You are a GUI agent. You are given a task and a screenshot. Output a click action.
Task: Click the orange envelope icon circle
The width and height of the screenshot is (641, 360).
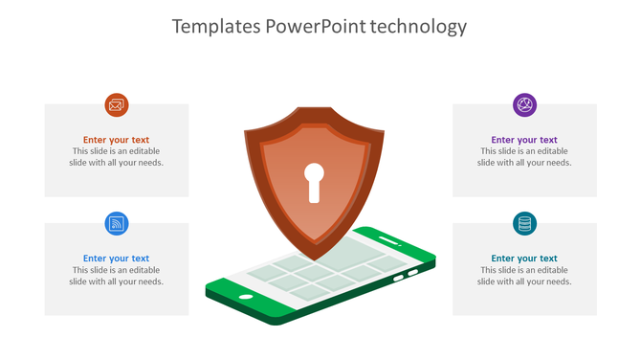click(x=116, y=105)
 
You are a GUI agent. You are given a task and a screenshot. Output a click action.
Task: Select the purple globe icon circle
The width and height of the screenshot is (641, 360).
click(x=524, y=105)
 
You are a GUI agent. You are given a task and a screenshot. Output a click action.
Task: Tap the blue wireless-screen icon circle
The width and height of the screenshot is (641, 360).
click(x=116, y=224)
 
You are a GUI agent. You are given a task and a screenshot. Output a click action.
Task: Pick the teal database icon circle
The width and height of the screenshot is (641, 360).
click(x=524, y=224)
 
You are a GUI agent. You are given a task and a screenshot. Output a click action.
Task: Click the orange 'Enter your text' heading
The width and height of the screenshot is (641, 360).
click(x=116, y=140)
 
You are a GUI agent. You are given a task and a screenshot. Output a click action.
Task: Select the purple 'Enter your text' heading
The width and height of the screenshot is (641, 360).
click(x=524, y=140)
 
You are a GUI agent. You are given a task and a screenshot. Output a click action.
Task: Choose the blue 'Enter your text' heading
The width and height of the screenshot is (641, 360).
click(x=116, y=259)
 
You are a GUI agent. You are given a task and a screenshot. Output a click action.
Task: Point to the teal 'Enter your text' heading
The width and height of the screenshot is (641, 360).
click(x=524, y=259)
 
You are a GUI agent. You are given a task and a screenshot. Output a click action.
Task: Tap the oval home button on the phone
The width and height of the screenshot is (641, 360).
click(x=246, y=296)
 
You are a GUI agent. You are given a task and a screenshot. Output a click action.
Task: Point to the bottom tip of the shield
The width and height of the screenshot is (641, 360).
click(x=314, y=260)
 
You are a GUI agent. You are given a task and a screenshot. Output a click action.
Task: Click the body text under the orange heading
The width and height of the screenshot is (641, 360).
click(x=116, y=157)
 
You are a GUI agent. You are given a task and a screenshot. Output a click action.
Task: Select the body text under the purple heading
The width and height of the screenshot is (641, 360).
click(x=524, y=157)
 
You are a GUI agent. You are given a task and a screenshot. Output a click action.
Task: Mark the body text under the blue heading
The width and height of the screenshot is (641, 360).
click(x=116, y=276)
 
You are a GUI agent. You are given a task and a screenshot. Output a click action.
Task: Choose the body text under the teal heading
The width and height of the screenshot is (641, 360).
click(x=524, y=276)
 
